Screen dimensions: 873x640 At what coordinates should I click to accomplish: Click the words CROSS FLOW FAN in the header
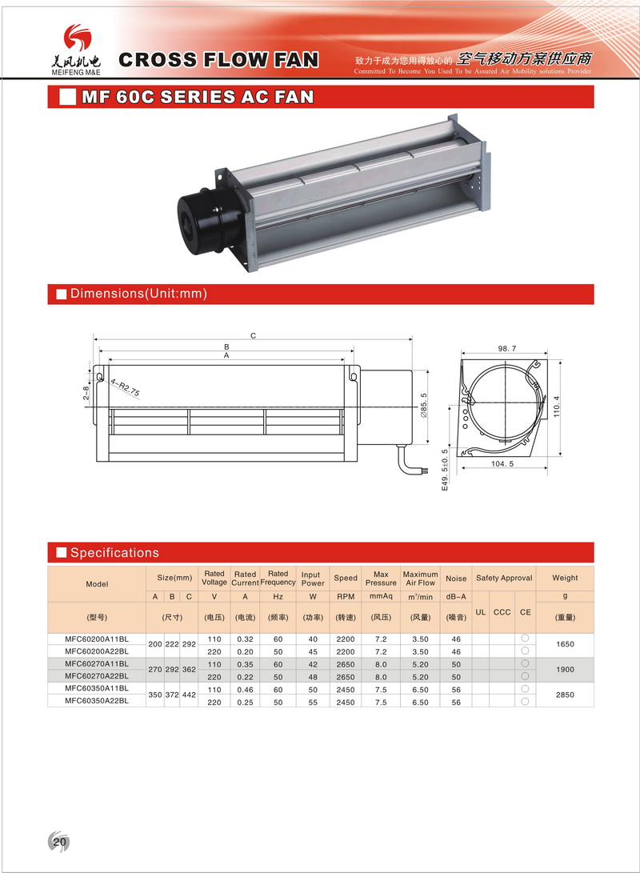coord(218,59)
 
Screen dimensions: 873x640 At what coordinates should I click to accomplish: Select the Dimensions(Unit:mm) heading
coord(138,294)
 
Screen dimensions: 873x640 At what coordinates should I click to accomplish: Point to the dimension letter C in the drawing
coord(253,336)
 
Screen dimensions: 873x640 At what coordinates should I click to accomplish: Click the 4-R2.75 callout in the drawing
coord(126,389)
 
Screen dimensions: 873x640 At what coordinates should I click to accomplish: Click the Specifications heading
coord(114,553)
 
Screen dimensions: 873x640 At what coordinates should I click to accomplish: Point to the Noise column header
coord(456,579)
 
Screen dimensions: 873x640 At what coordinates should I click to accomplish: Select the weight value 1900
coord(564,670)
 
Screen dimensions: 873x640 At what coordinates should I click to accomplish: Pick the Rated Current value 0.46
coord(245,688)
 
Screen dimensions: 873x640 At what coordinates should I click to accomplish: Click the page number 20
coord(60,842)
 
